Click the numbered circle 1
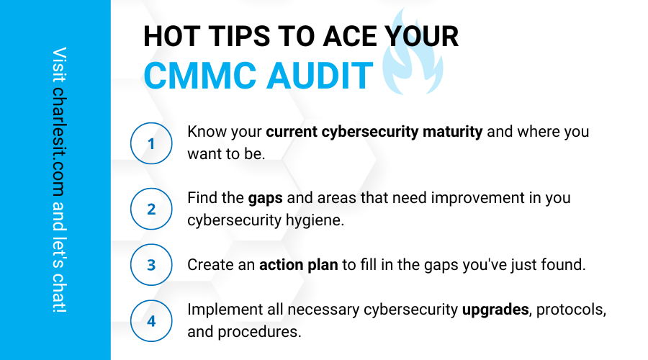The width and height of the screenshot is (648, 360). [x=151, y=143]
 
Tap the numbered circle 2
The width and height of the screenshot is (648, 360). [x=151, y=209]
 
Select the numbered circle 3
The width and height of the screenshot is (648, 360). [x=151, y=264]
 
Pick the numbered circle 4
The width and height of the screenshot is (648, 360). [x=151, y=320]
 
